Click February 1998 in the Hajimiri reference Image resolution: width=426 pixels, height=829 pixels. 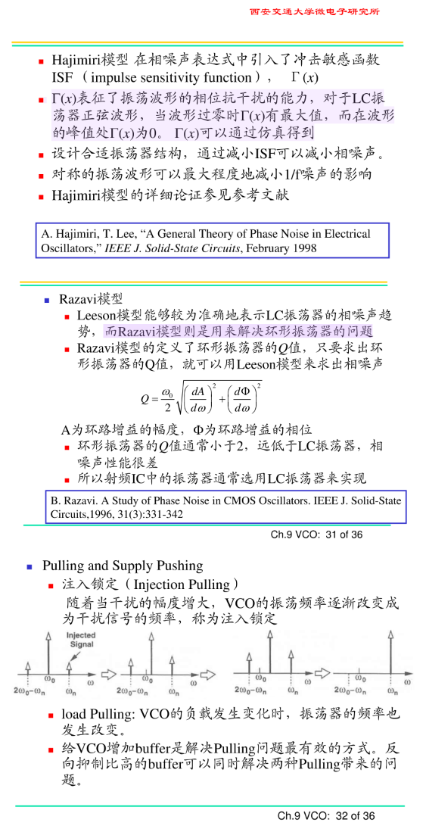[x=280, y=248]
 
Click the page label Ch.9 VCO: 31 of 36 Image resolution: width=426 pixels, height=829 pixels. [x=317, y=534]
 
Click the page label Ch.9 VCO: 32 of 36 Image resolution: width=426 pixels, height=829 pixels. [x=326, y=815]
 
